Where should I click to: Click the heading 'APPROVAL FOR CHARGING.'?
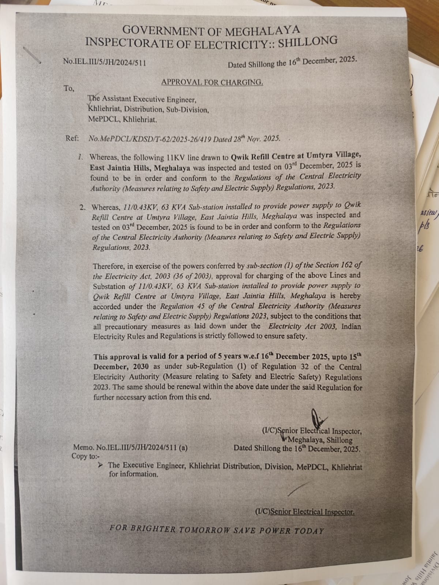point(212,82)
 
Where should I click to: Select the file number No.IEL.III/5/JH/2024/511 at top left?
point(105,62)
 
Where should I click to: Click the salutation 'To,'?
point(69,88)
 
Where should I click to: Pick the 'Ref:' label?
point(72,139)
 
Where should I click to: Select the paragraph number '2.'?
point(83,207)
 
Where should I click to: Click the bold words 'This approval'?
point(116,357)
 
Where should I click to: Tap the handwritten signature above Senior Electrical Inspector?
point(316,417)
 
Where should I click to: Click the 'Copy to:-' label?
point(85,456)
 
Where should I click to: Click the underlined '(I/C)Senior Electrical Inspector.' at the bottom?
point(305,512)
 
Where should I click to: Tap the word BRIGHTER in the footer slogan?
point(153,528)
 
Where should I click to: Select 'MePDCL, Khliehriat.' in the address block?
point(123,119)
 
